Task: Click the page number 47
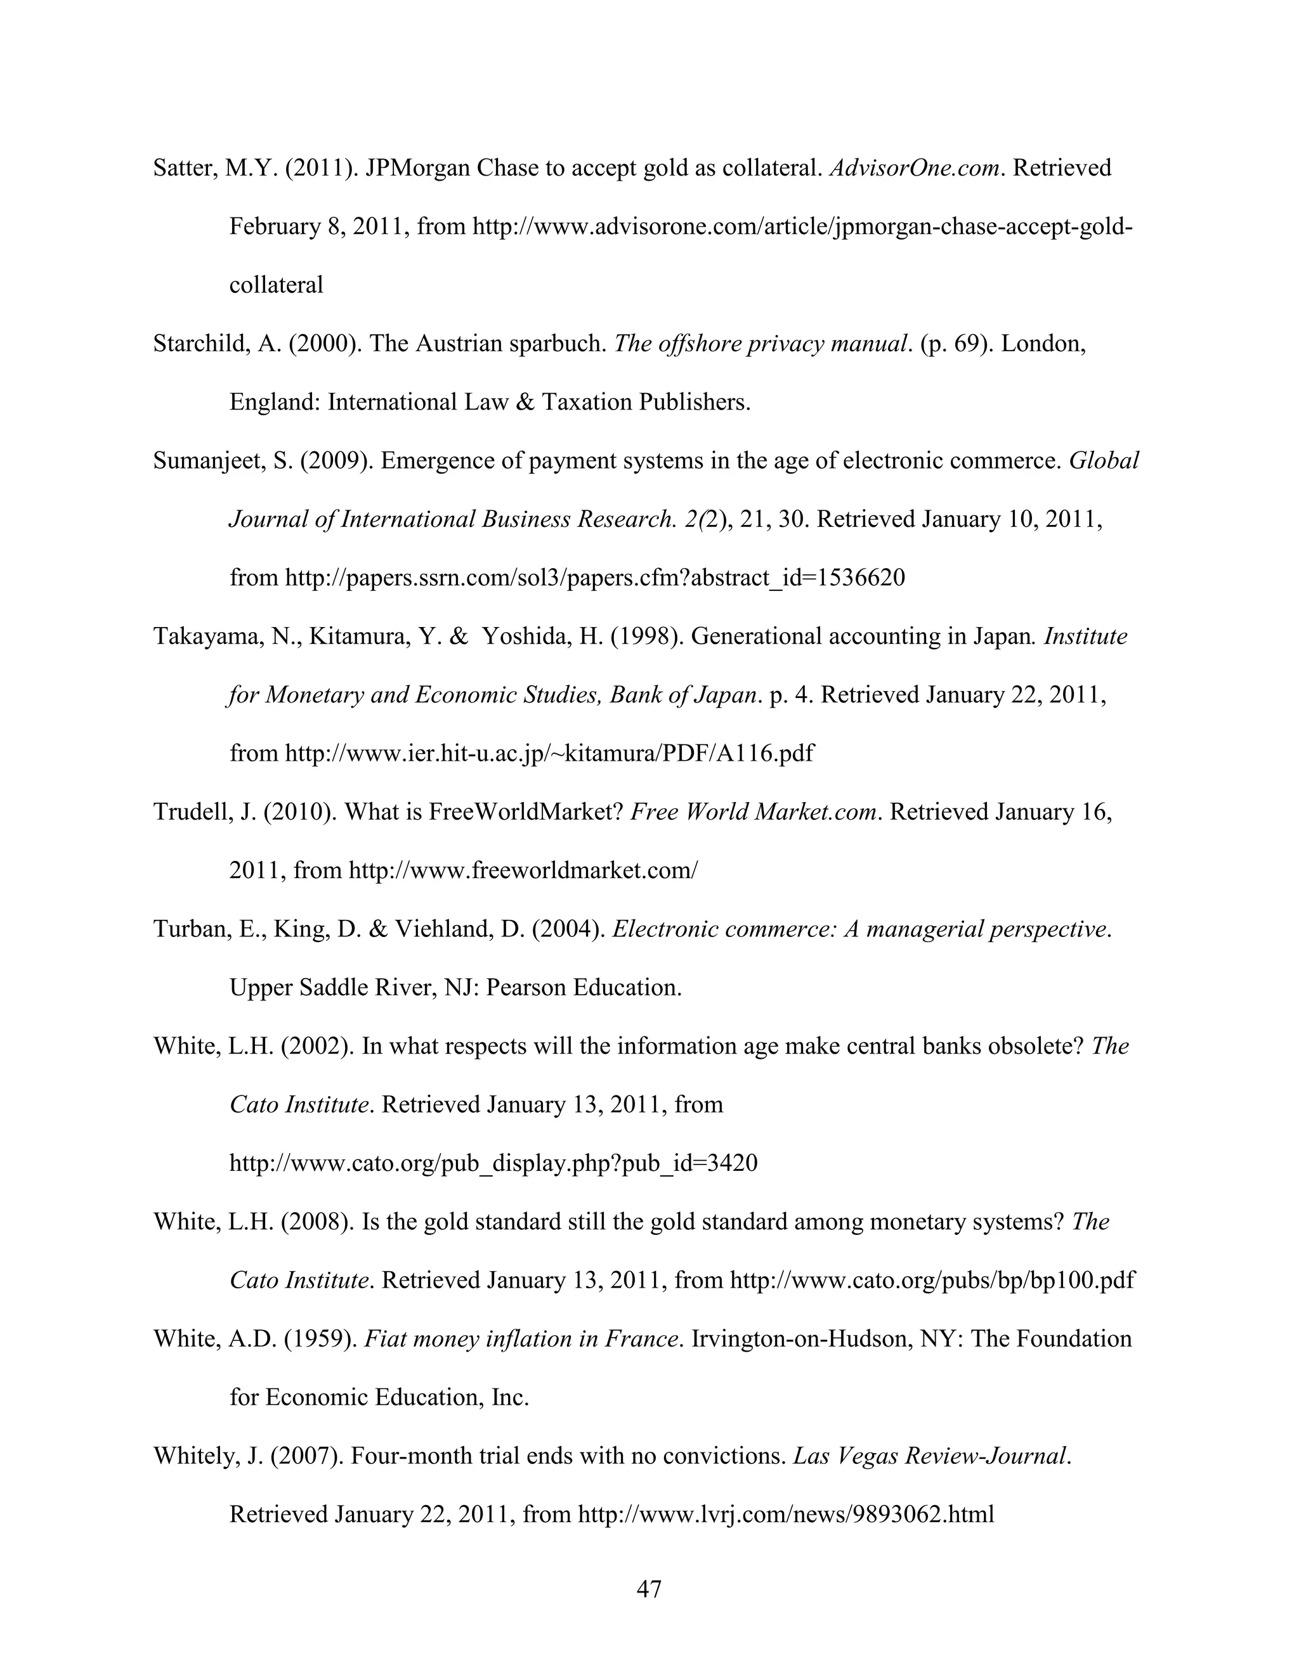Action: point(649,1589)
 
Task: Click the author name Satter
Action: point(185,168)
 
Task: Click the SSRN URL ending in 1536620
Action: point(594,578)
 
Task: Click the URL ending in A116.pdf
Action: point(549,753)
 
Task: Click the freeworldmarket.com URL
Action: point(523,871)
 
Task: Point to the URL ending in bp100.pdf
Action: point(931,1280)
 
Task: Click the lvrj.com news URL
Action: point(786,1515)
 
